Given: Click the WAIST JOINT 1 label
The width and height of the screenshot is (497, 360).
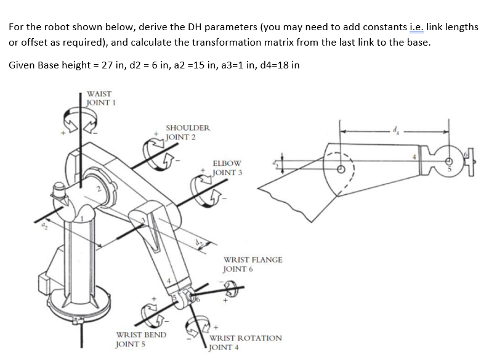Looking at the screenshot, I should click(x=99, y=97).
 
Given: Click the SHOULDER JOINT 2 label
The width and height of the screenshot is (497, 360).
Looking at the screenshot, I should click(x=187, y=132).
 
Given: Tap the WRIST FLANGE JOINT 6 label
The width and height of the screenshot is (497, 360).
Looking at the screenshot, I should click(x=253, y=264).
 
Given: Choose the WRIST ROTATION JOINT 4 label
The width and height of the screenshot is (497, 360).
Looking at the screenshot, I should click(x=246, y=342).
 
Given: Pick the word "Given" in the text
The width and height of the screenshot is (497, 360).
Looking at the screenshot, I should click(x=23, y=65).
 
